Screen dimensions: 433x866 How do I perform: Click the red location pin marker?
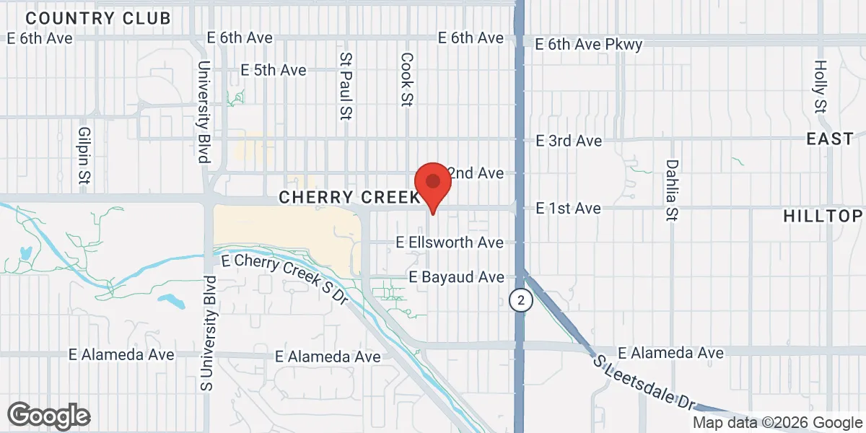point(433,183)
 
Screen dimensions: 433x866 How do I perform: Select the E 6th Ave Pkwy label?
point(589,45)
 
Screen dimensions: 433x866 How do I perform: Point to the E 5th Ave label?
point(274,70)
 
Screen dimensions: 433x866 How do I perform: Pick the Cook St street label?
point(407,79)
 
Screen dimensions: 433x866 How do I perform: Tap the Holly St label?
point(820,87)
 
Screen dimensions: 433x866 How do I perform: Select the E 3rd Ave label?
point(568,141)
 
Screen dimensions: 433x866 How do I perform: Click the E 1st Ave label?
point(568,208)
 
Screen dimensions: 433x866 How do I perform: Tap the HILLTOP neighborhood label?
point(823,216)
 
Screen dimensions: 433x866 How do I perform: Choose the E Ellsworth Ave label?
point(450,243)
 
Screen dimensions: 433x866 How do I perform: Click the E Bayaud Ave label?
point(456,277)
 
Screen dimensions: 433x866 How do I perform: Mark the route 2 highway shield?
point(520,299)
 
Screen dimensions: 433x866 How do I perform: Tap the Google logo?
point(49,416)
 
